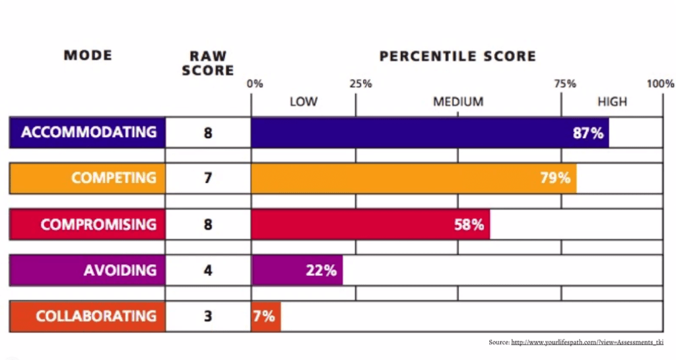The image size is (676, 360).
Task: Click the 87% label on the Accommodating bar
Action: [588, 133]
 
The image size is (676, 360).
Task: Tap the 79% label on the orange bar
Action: [555, 178]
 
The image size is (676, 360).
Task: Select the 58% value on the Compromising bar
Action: [469, 225]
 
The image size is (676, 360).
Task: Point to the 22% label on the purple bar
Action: [321, 270]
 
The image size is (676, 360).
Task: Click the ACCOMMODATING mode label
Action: [88, 132]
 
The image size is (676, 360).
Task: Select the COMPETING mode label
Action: [114, 178]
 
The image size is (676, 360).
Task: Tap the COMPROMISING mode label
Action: [98, 225]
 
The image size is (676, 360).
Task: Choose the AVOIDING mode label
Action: [119, 270]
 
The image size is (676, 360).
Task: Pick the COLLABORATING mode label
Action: [96, 316]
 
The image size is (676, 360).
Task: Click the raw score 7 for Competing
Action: [208, 178]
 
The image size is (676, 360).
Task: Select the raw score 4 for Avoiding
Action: [208, 270]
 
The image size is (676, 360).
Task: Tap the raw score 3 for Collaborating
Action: [208, 316]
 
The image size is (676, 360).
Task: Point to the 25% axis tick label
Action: [360, 84]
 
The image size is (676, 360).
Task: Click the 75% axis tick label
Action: [564, 84]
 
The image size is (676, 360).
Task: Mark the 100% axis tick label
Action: [660, 84]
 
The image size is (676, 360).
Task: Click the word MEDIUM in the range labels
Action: [458, 102]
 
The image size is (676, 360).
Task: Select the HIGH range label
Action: [612, 102]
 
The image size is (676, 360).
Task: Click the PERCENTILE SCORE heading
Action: [457, 56]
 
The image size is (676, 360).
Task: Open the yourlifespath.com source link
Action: [587, 342]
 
